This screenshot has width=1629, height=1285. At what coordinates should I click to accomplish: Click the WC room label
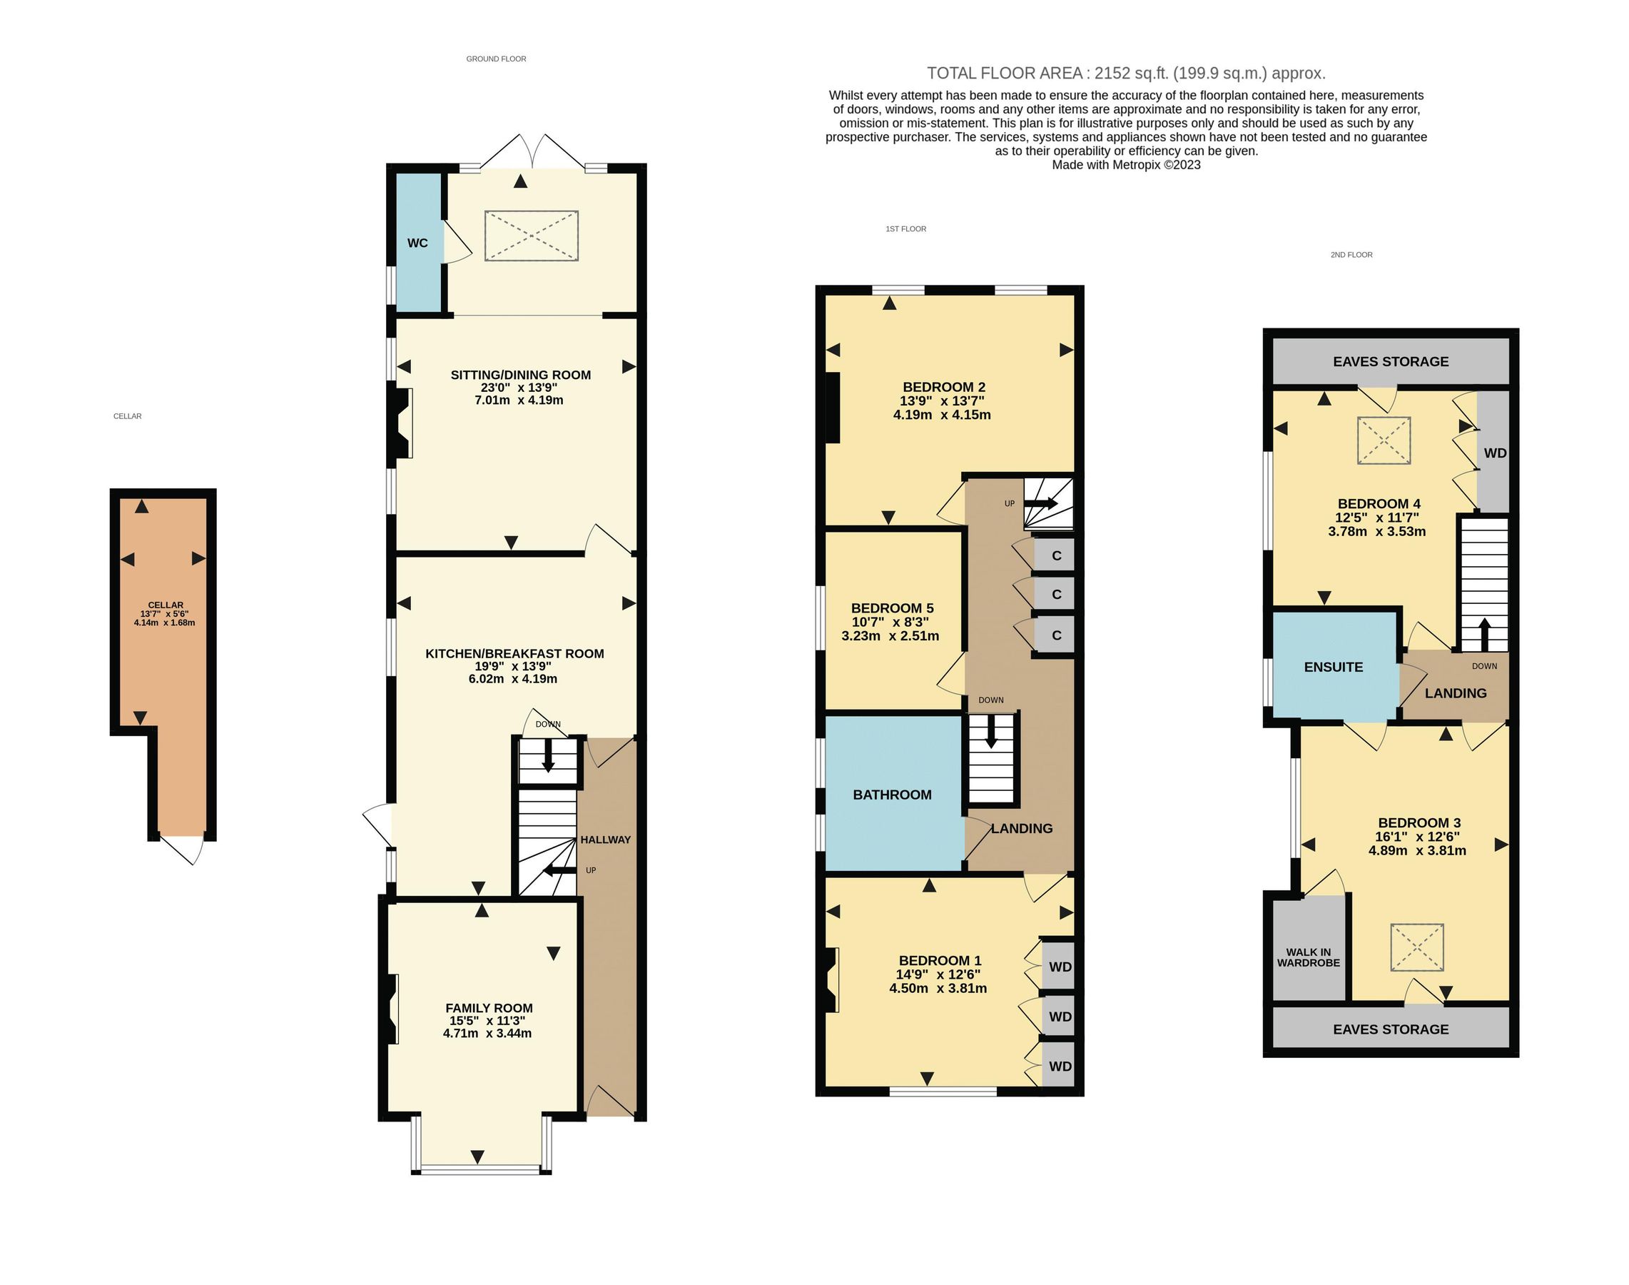point(417,243)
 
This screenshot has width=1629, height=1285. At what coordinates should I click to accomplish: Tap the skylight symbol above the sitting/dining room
point(531,236)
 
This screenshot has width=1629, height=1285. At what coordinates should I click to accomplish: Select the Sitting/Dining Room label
point(520,375)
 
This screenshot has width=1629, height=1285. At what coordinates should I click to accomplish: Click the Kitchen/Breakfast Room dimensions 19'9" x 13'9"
point(513,667)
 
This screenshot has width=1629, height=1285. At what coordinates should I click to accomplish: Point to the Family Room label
point(489,1008)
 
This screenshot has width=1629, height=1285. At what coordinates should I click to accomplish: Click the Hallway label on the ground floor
point(604,840)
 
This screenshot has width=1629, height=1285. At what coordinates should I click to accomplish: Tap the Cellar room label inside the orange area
point(166,605)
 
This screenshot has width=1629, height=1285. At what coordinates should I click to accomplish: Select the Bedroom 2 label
point(944,388)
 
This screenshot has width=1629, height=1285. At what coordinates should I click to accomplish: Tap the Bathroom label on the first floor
point(892,795)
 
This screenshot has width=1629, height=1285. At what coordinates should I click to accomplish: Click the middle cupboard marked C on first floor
point(1056,595)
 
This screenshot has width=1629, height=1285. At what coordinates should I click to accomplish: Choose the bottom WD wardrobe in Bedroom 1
point(1060,1066)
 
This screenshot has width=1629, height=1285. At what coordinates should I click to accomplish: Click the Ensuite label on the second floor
point(1333,667)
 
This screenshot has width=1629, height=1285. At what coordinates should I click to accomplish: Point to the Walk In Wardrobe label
point(1308,957)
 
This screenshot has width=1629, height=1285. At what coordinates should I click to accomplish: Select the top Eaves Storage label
point(1390,361)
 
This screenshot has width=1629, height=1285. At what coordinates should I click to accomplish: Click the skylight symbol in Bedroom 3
point(1416,947)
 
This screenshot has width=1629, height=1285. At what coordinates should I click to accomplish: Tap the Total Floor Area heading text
point(1125,73)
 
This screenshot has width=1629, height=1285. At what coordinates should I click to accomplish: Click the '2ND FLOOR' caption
point(1351,255)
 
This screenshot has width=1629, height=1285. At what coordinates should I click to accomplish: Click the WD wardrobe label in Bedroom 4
point(1494,453)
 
